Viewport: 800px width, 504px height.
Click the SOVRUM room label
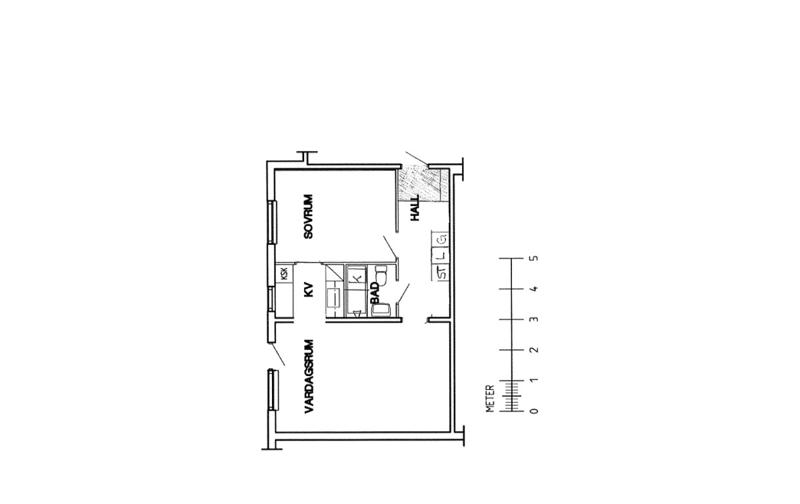point(308,217)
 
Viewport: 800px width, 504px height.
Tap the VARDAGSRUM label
point(309,377)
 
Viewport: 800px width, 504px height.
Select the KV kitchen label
point(309,290)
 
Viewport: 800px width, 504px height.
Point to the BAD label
point(374,293)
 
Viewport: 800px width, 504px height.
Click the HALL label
point(415,208)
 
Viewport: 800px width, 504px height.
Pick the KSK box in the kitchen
point(285,273)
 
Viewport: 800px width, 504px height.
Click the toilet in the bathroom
point(381,275)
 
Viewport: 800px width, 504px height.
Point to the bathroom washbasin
point(381,310)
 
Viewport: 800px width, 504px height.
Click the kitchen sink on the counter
point(333,298)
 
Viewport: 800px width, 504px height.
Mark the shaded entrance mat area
point(419,185)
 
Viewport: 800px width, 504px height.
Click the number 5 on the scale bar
point(535,258)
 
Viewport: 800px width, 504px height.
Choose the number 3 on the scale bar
point(535,319)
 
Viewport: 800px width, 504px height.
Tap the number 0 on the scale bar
point(535,411)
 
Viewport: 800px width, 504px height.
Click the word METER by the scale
point(491,399)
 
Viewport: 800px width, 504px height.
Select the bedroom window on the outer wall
point(273,222)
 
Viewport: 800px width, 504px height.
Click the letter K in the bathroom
point(357,278)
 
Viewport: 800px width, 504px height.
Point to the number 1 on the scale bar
point(535,381)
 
